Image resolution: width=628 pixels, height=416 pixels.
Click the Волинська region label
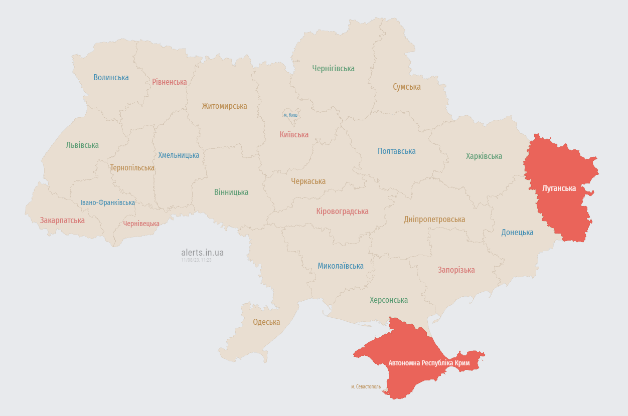point(111,77)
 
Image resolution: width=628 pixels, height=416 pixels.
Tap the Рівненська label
point(170,82)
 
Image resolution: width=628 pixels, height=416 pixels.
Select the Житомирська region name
point(224,106)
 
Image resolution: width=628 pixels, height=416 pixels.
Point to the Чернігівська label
point(333,68)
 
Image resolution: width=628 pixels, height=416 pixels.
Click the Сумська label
point(406,87)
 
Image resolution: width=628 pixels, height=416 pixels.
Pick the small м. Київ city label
point(290,115)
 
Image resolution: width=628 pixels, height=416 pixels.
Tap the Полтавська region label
point(396,151)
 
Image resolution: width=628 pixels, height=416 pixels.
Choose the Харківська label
point(484,156)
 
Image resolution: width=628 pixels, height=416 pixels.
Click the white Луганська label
point(559,188)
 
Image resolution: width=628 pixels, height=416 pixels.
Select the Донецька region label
point(517,232)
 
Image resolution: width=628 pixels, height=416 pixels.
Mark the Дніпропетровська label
point(434,219)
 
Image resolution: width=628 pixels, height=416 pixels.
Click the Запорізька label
point(456,270)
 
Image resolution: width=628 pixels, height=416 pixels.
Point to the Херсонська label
point(389,300)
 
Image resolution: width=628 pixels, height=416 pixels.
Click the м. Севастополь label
point(366,386)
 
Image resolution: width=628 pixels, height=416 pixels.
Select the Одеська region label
point(266,322)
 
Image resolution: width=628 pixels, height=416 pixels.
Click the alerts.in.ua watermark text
point(202,253)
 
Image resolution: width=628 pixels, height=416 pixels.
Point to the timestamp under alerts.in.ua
point(196,260)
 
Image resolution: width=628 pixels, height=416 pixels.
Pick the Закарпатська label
point(62,220)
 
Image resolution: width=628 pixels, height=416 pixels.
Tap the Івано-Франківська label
point(107,202)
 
